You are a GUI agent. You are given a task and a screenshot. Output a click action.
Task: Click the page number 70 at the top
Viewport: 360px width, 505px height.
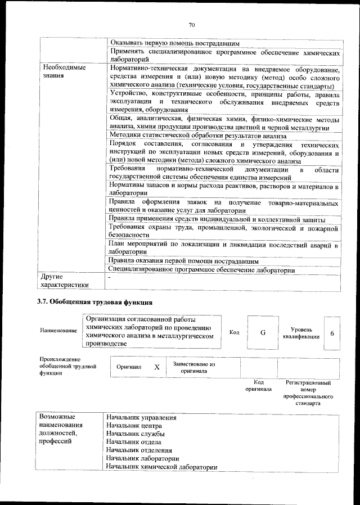coord(191,25)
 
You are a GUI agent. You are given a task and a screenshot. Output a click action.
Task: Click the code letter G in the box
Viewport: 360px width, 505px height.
coord(263,332)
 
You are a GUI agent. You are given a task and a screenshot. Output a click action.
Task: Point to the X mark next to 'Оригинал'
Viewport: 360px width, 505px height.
coord(157,367)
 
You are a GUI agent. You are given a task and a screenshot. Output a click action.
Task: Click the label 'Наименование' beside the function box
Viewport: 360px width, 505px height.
coord(58,331)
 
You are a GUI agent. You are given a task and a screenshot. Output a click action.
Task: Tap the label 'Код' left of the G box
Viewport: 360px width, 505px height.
coord(235,332)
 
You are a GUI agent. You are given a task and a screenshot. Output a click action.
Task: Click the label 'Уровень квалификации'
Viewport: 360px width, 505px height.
coord(305,332)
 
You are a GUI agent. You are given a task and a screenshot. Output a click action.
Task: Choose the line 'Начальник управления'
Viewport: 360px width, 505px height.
coord(141,418)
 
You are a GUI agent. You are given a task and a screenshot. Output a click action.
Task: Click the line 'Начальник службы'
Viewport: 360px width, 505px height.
coord(136,434)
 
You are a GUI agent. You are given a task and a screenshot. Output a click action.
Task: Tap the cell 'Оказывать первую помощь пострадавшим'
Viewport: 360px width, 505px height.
coord(175,43)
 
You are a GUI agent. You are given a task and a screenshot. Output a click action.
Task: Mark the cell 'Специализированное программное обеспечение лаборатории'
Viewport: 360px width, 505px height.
coord(202,270)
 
